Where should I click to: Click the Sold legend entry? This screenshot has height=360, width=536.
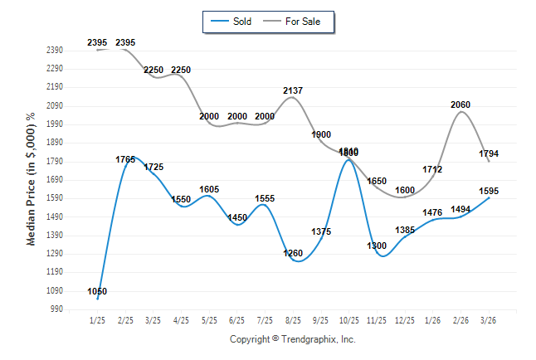tap(241, 22)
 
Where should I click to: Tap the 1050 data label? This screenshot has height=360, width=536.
tap(97, 291)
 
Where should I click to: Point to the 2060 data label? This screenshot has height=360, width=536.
tap(460, 105)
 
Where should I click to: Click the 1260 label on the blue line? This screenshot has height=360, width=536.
tap(293, 254)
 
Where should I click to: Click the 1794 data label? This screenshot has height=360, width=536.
tap(489, 153)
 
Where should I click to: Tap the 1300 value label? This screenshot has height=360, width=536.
tap(377, 246)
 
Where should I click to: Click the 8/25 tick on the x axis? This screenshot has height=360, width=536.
tap(292, 319)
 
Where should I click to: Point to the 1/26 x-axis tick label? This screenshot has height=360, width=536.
tap(432, 319)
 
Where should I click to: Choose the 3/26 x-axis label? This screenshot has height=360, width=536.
tap(489, 319)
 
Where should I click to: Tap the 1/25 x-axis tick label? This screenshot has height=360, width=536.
tap(97, 319)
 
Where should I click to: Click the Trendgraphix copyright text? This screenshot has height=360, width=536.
tap(292, 339)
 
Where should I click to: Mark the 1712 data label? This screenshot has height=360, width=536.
tap(432, 169)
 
